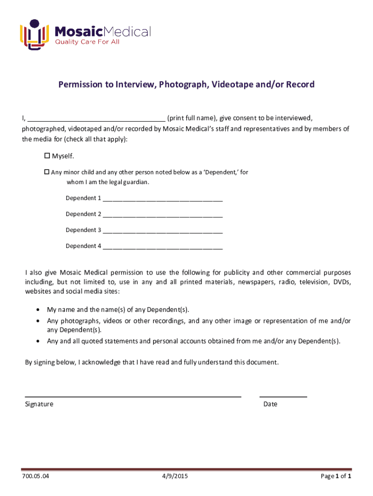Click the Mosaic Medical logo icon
point(34,34)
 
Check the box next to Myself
point(47,156)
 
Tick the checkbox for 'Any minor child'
point(47,172)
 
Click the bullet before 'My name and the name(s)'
point(38,310)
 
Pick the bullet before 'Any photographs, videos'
point(38,321)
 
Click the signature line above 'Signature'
point(133,397)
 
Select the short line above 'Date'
point(283,397)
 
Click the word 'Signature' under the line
point(39,404)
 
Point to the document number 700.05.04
point(35,477)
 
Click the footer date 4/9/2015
point(175,477)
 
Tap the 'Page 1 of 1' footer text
point(336,477)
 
